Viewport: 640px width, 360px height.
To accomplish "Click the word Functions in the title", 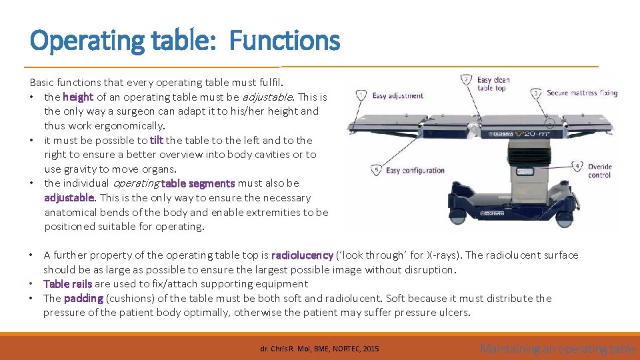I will (x=285, y=41).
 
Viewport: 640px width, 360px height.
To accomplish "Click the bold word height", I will (x=78, y=97).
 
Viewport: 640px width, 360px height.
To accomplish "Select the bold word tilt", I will (x=157, y=140).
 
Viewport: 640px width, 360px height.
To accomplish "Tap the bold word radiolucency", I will (x=302, y=255).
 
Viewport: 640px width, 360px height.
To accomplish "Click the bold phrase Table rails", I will (x=68, y=284).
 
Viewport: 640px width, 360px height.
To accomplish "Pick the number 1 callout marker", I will (x=361, y=95).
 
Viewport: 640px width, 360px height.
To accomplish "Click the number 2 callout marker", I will (x=467, y=80).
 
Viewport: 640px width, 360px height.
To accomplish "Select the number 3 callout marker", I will (x=535, y=93).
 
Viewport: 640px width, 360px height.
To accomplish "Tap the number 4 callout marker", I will (x=577, y=167).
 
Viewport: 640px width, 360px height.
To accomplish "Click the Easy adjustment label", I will (x=397, y=96).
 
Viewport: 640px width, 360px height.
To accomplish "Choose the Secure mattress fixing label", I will (x=582, y=93).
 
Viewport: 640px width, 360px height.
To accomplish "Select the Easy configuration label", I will (x=415, y=171).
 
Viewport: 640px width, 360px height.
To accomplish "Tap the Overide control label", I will (x=599, y=171).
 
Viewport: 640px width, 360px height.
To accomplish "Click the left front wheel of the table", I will (x=458, y=217).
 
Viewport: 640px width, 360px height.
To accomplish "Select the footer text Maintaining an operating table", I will (x=557, y=348).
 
